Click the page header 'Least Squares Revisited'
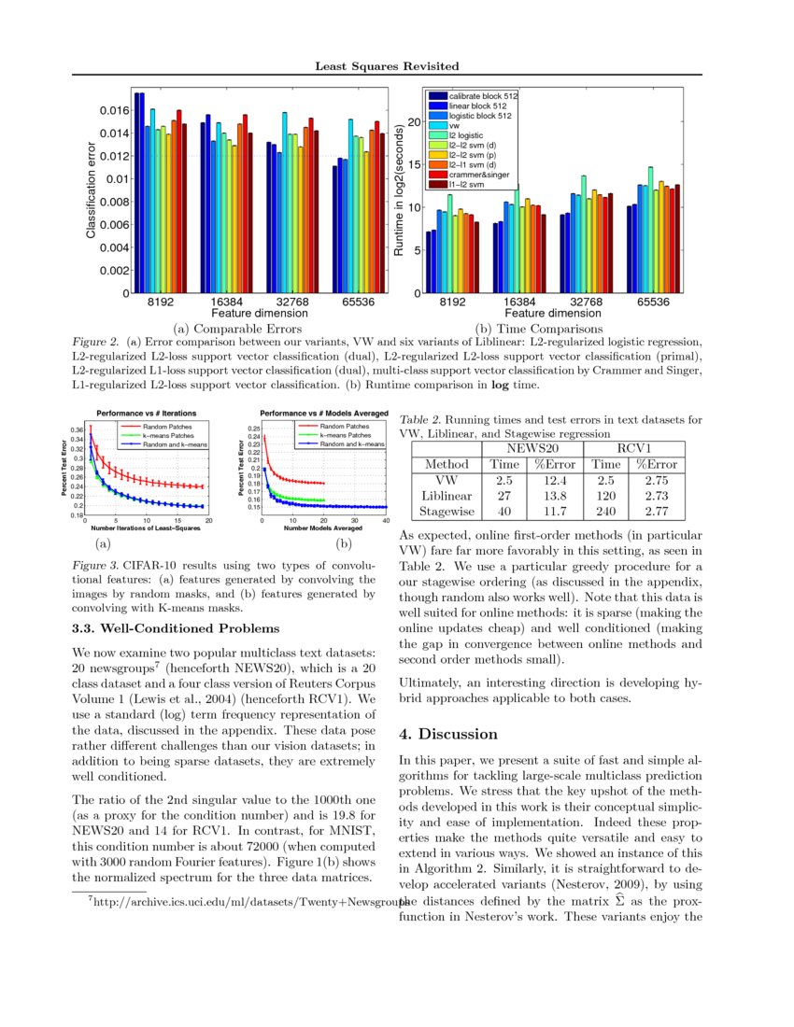(387, 66)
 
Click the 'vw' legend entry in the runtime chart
(454, 124)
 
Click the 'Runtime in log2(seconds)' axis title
(399, 191)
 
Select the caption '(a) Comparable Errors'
(237, 329)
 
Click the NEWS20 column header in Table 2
(532, 447)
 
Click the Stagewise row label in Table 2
(447, 511)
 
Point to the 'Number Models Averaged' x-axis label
(324, 528)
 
